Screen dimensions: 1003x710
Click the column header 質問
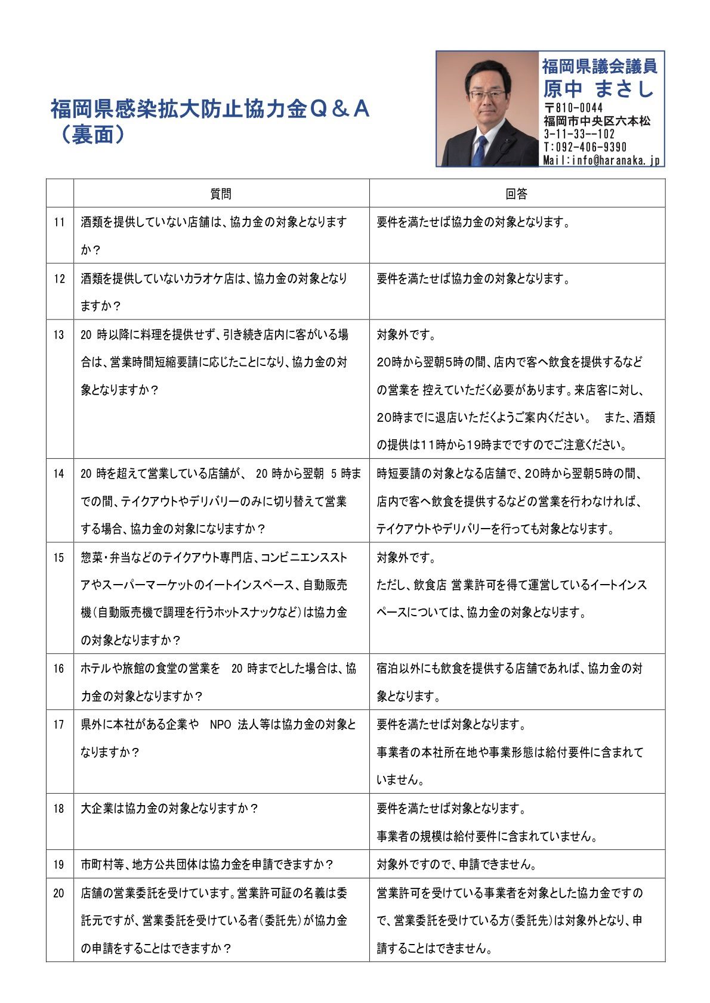[221, 194]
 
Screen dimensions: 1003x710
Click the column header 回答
[517, 194]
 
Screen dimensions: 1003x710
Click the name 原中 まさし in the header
[598, 89]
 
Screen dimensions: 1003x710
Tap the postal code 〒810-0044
[573, 108]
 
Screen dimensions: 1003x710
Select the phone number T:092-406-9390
[585, 147]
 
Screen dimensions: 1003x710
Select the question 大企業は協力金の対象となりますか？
[169, 809]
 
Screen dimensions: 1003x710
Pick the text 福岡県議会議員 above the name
[599, 66]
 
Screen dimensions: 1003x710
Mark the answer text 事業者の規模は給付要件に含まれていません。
[487, 836]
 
